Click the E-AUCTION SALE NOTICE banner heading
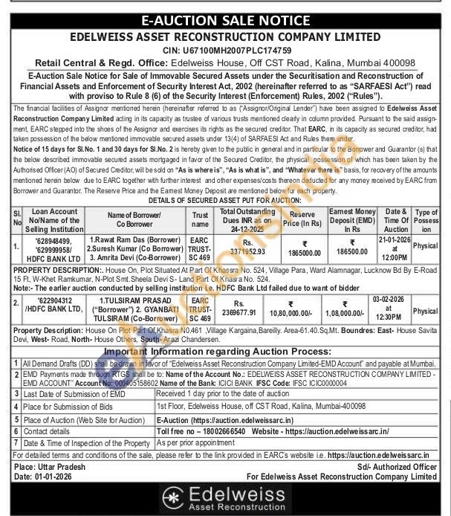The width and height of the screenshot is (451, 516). (x=225, y=19)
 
